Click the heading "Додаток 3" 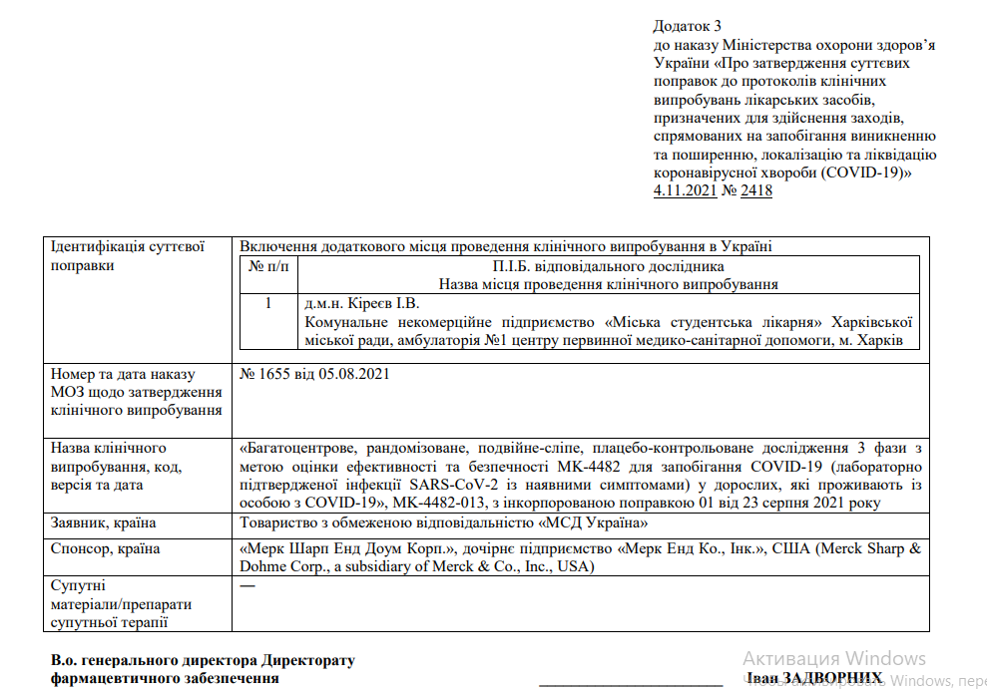pos(687,25)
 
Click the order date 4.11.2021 pos(685,190)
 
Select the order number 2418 pos(756,190)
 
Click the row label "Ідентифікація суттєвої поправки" pos(127,255)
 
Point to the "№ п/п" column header pos(267,266)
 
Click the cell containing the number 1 pos(267,303)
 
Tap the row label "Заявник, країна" pos(103,522)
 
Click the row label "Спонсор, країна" pos(105,548)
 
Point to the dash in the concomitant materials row pos(247,585)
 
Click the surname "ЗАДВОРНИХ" pos(835,678)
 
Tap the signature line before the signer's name pos(631,684)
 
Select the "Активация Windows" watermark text pos(834,658)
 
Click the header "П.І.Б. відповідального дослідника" pos(608,266)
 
